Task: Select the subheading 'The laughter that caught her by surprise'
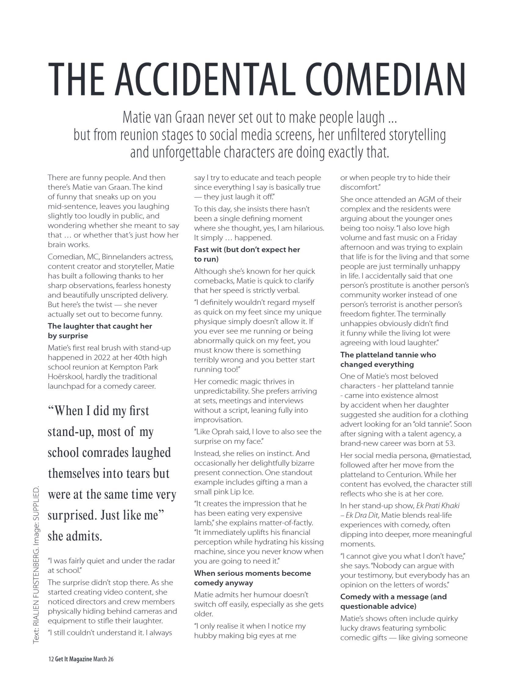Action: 99,331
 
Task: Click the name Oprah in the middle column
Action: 223,431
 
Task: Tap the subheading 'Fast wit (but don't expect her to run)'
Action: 247,254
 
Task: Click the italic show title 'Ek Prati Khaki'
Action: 438,506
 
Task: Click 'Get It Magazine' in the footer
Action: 74,659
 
